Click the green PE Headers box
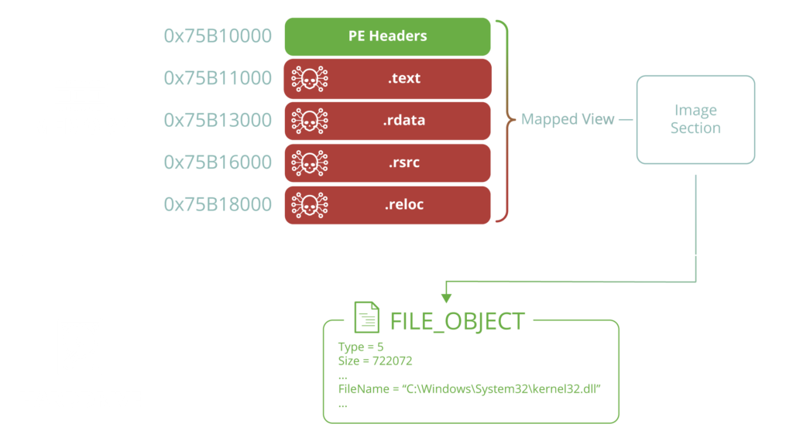pyautogui.click(x=387, y=36)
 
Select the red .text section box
pyautogui.click(x=387, y=78)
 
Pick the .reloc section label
pyautogui.click(x=404, y=204)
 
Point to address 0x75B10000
pyautogui.click(x=218, y=36)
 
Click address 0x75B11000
pyautogui.click(x=218, y=78)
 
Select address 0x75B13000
pyautogui.click(x=218, y=120)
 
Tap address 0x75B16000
pyautogui.click(x=218, y=162)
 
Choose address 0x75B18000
pyautogui.click(x=218, y=204)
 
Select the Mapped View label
pyautogui.click(x=568, y=120)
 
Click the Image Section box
pyautogui.click(x=695, y=119)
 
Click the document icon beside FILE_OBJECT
pyautogui.click(x=367, y=317)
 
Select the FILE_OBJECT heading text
pyautogui.click(x=457, y=321)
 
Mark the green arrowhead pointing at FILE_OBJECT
pyautogui.click(x=445, y=297)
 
